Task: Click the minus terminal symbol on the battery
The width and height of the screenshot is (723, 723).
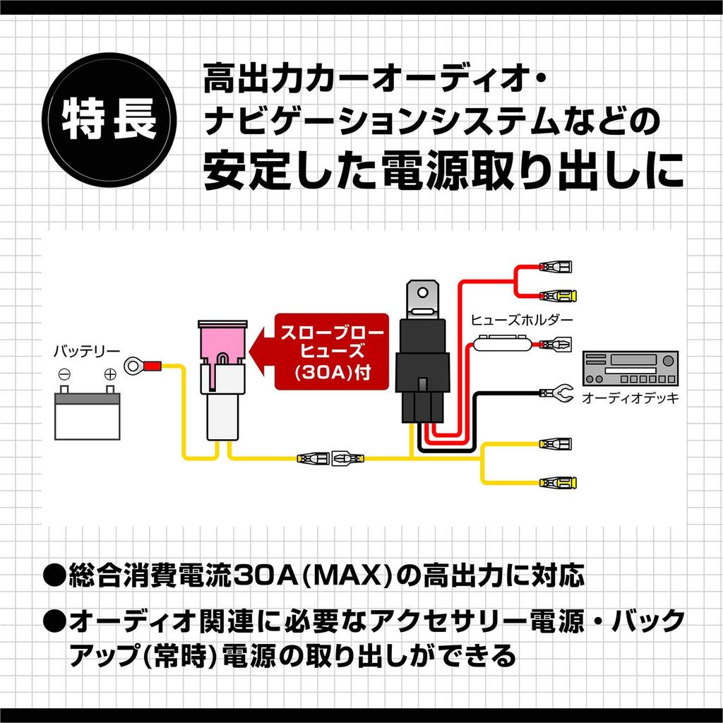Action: (64, 374)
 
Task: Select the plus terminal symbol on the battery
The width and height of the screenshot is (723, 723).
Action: (109, 374)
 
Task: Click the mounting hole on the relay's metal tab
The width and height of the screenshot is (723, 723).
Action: (422, 292)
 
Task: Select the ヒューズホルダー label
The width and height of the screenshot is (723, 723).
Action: (522, 319)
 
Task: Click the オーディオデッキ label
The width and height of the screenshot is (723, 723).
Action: (630, 399)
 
